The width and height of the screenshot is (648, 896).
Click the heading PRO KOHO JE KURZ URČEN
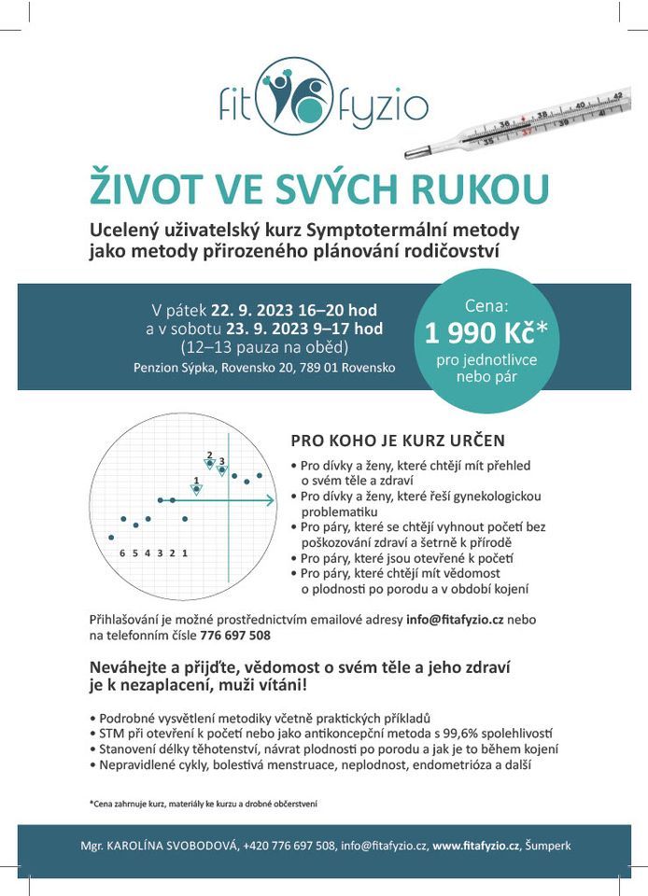tap(398, 440)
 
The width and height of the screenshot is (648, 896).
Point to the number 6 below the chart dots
tap(122, 553)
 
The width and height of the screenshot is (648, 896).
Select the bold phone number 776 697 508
tap(235, 636)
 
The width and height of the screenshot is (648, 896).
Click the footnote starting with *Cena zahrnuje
tap(204, 803)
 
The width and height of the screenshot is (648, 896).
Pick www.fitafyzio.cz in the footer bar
tap(476, 846)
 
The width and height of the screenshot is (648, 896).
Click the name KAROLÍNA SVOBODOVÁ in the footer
tap(176, 846)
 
